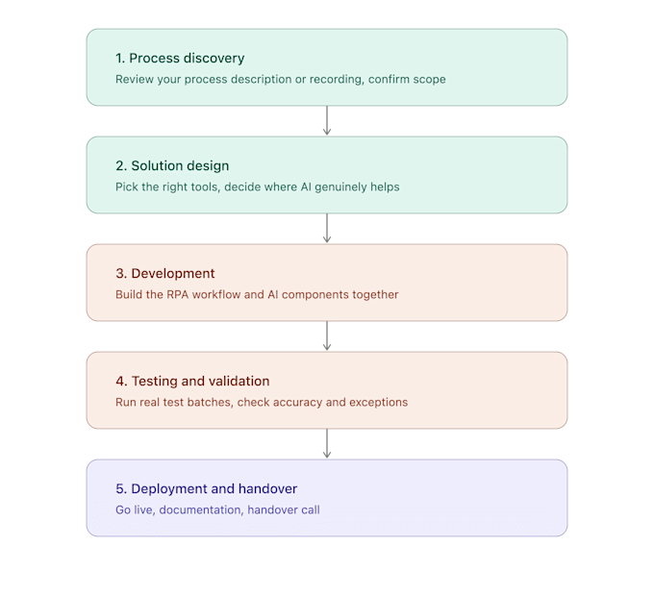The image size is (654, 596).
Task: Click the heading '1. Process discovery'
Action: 180,59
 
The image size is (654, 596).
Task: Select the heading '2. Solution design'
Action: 172,166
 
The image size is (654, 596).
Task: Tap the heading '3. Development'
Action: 165,273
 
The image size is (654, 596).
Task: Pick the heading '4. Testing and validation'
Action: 192,382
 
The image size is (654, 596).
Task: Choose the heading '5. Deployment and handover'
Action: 207,488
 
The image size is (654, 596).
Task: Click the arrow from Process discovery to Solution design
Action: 327,120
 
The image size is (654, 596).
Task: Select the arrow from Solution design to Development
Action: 327,228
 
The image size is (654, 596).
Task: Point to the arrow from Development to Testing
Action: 327,335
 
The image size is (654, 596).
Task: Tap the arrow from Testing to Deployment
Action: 327,443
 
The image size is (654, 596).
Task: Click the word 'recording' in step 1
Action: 337,80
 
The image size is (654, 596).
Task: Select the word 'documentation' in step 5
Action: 201,510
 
